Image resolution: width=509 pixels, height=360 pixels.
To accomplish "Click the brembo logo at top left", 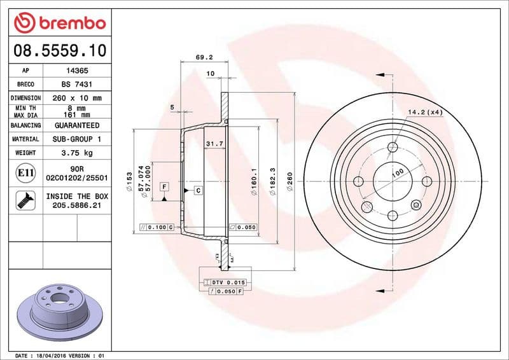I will point(59,24).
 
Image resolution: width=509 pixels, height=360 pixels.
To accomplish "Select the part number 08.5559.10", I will point(59,50).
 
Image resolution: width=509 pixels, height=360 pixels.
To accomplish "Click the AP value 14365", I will point(78,71).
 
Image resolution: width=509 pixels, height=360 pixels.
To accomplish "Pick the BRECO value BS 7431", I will point(78,85).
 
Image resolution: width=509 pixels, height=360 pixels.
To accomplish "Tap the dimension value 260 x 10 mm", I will point(78,98).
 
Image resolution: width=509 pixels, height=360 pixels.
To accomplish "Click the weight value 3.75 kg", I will point(78,153).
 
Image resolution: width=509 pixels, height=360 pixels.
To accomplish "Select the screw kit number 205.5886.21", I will point(78,206).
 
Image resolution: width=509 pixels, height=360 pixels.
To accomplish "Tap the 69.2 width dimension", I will point(204,57).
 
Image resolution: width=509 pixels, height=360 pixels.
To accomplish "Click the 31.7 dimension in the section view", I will point(214,144).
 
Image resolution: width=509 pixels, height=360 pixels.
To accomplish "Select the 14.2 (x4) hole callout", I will point(425,112).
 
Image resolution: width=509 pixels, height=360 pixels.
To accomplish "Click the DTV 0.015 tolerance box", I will point(227,282).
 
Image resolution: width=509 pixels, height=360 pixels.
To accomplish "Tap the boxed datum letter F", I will point(164,186).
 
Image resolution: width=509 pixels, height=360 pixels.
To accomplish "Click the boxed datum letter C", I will point(198,190).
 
